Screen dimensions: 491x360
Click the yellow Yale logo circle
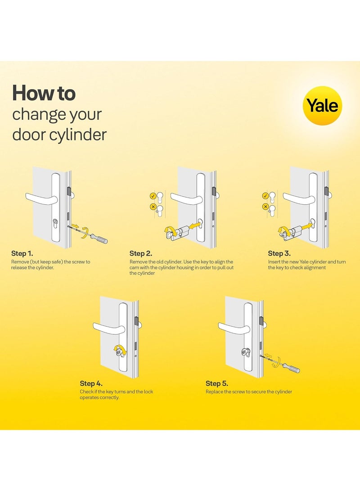point(322,105)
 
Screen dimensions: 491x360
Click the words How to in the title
point(44,93)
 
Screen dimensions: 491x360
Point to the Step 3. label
point(279,254)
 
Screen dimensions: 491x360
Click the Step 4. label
point(91,384)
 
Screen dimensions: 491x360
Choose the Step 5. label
point(217,384)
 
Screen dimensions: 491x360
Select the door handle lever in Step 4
point(107,327)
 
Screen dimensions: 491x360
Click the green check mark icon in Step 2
point(153,196)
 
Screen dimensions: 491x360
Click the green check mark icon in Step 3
point(265,196)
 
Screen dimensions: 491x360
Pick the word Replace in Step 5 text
point(215,392)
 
